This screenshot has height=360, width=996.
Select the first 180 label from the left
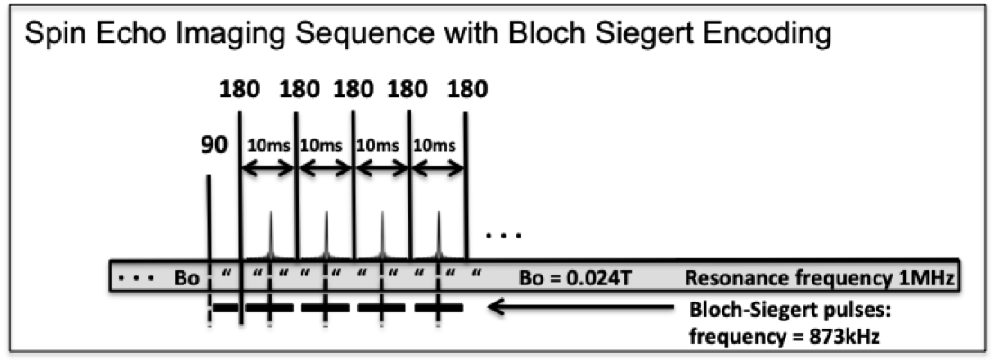(x=239, y=90)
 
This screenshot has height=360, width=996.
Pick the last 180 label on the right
(x=466, y=90)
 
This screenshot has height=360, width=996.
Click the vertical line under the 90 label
(x=208, y=216)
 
